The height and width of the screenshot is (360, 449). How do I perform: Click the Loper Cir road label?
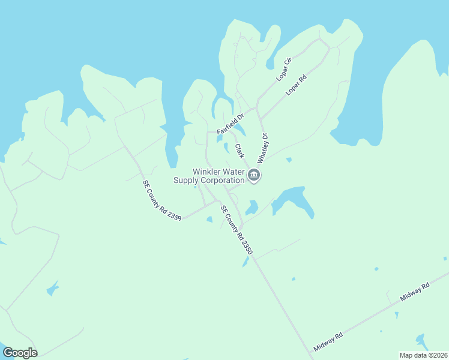click(x=283, y=69)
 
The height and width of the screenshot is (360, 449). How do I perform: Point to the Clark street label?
click(x=239, y=151)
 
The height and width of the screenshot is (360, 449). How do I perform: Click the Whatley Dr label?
click(x=262, y=148)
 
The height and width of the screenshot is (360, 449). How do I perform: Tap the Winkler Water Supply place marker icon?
click(x=254, y=175)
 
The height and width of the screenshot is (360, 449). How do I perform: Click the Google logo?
click(x=20, y=353)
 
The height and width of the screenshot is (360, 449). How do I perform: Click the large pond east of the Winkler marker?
click(x=293, y=201)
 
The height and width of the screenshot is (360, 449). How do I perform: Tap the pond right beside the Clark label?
click(x=227, y=147)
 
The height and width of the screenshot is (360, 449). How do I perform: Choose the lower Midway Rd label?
click(x=328, y=342)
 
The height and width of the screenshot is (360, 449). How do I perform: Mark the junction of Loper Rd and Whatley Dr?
click(x=258, y=109)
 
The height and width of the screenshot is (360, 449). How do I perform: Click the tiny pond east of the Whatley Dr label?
click(x=289, y=160)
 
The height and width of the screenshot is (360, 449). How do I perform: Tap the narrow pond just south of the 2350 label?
click(x=246, y=262)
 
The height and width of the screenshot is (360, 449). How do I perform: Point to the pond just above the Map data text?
click(x=421, y=341)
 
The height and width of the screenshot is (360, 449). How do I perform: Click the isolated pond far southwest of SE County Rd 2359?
click(x=52, y=289)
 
